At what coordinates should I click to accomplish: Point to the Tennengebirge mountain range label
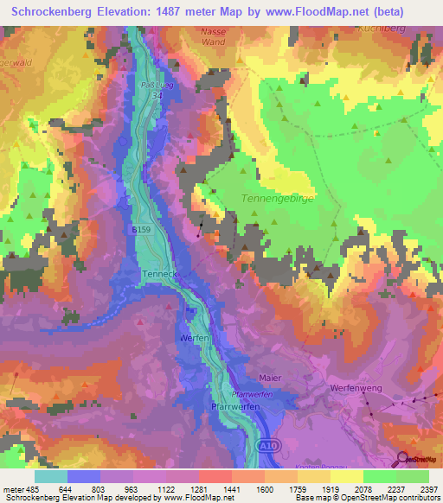tap(272, 198)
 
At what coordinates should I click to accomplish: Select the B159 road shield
tap(143, 230)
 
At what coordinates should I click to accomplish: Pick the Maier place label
tap(271, 378)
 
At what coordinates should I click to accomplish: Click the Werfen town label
tap(196, 338)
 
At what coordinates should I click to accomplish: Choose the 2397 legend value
tap(429, 487)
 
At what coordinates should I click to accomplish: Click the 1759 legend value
tap(288, 487)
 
